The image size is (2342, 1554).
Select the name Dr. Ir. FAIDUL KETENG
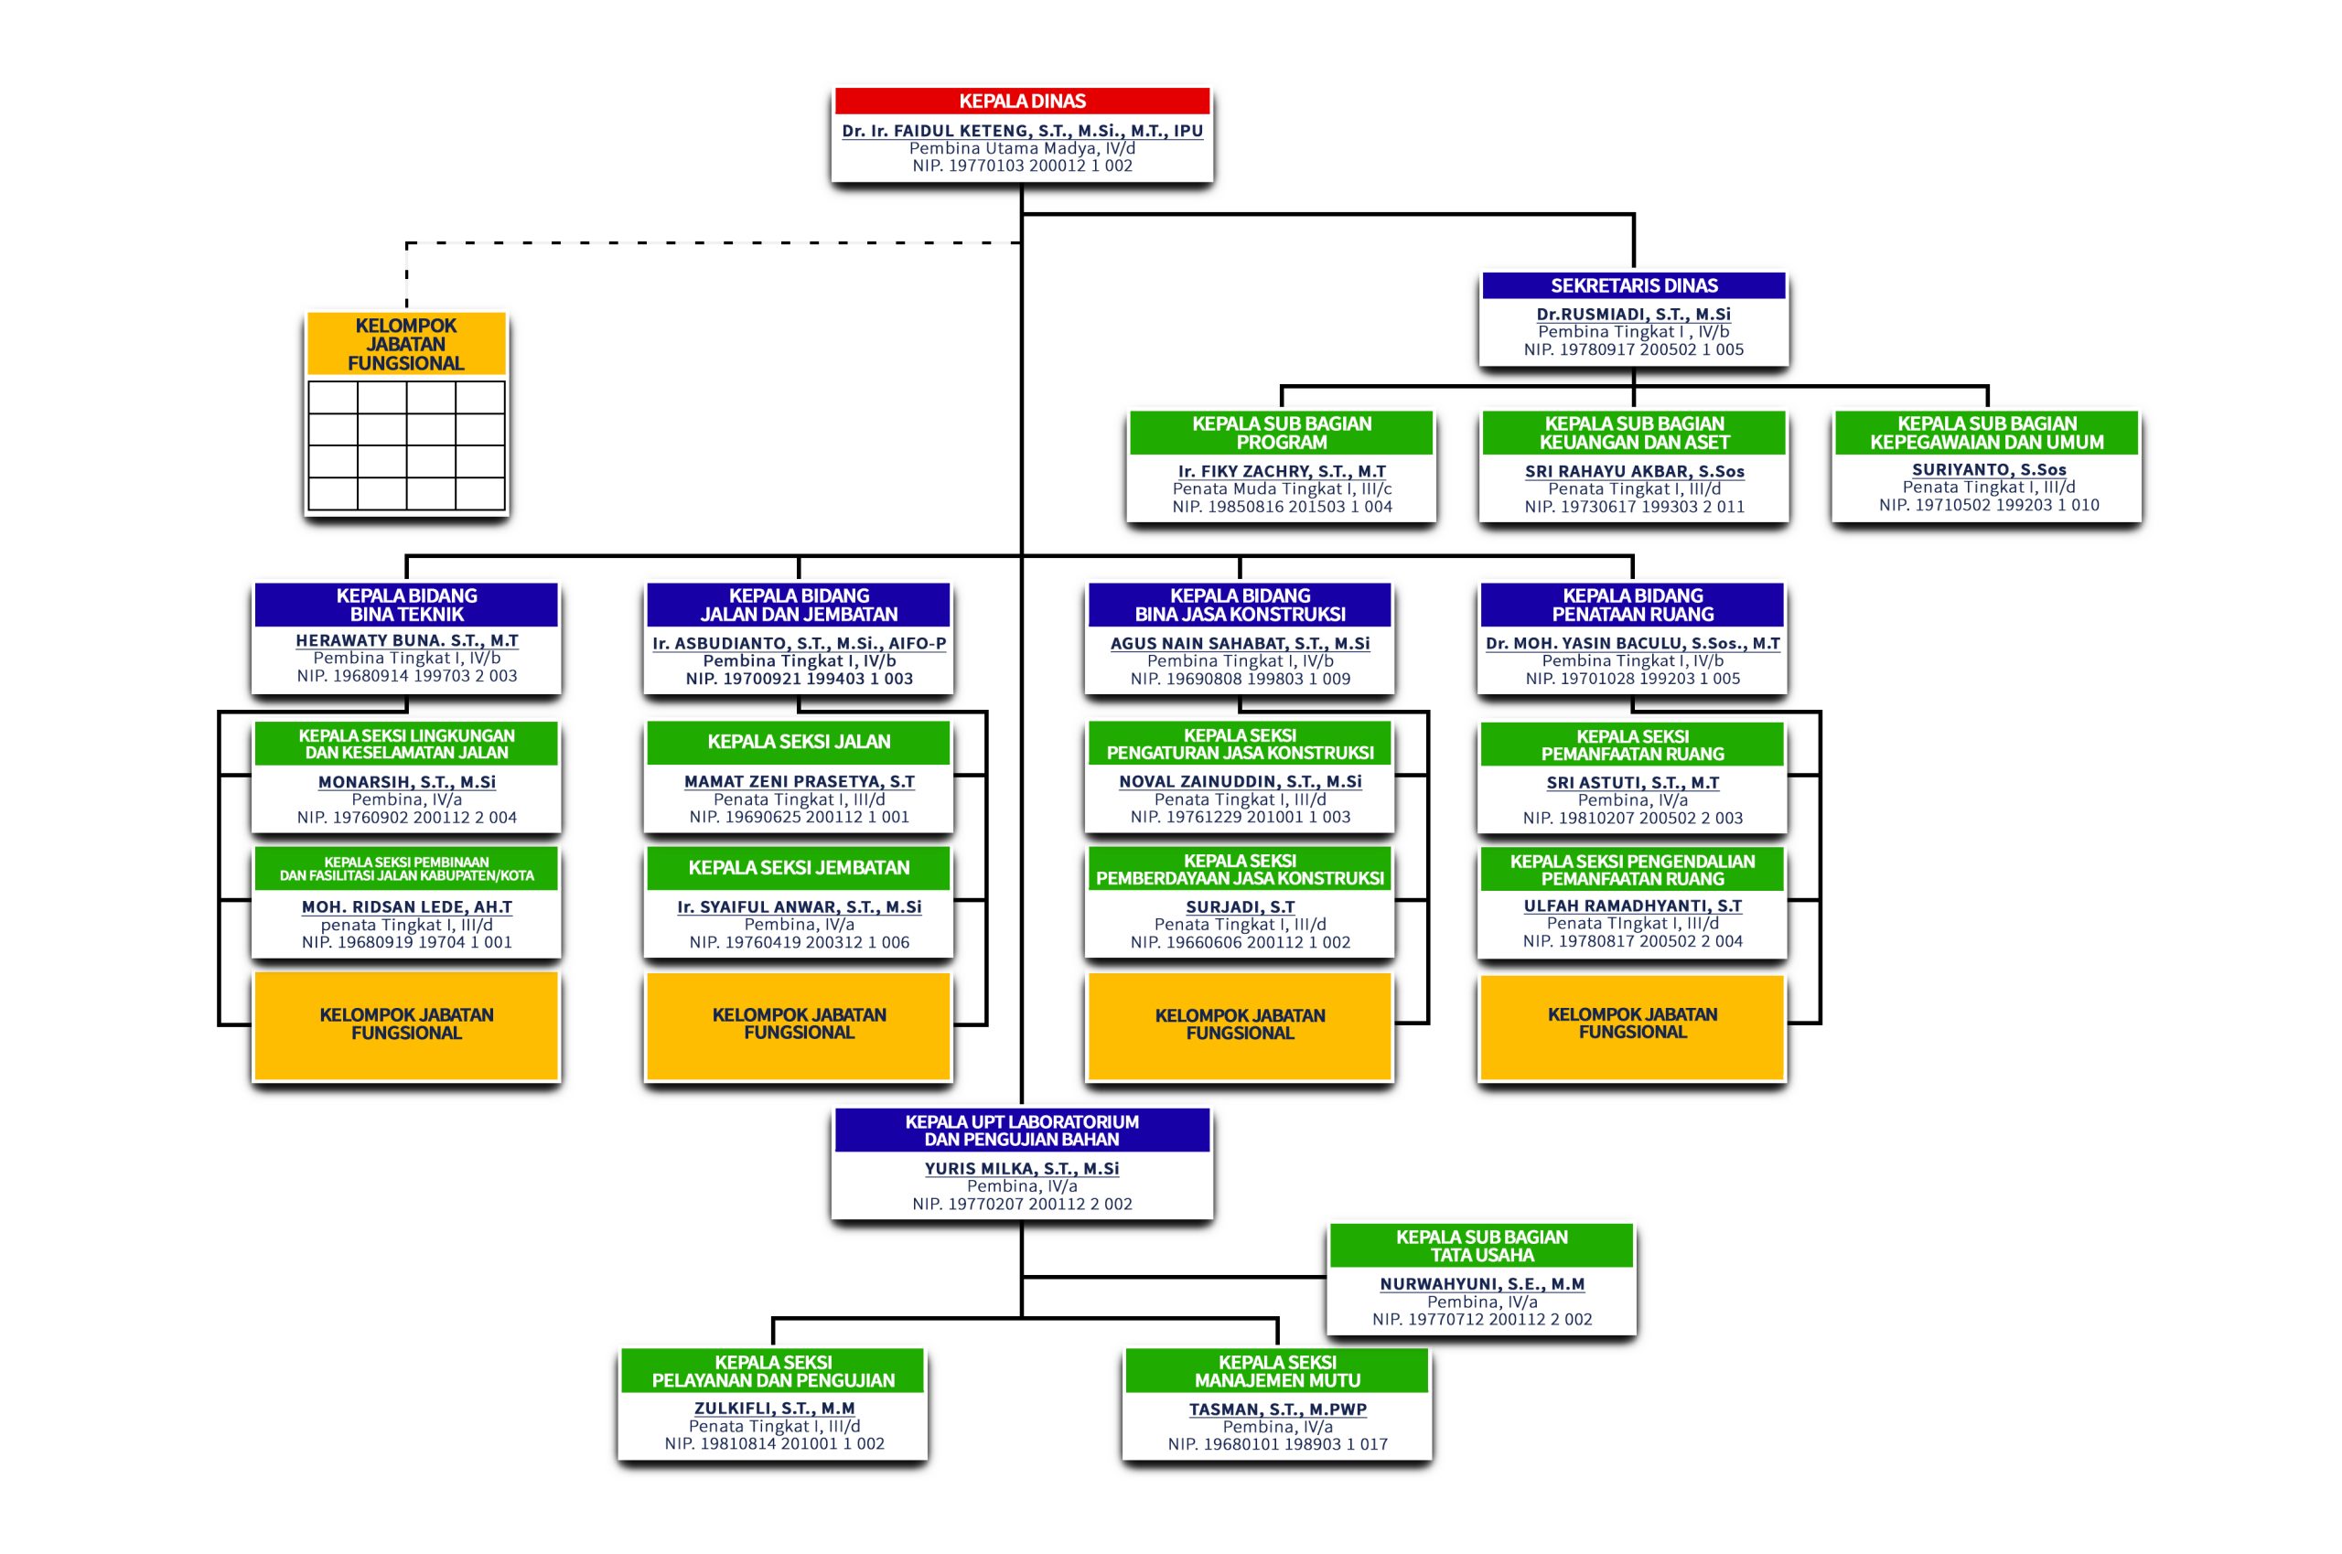pos(1022,131)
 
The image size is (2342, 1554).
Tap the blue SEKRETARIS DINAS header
pos(1633,285)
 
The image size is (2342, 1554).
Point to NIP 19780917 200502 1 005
pos(1633,349)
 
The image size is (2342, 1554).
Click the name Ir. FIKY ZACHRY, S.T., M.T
pos(1282,472)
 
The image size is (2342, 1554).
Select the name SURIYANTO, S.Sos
pos(1988,470)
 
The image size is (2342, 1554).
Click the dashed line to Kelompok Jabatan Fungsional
pos(693,242)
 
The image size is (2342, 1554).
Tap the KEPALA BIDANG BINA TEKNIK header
pos(406,605)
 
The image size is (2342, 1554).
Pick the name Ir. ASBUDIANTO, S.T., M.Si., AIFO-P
pos(799,643)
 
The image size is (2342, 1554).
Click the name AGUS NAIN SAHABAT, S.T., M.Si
pos(1240,643)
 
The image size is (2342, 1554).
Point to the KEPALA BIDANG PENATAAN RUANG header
pos(1632,605)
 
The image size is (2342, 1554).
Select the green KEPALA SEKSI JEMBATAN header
pos(799,868)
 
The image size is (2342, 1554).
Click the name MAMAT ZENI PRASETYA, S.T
pos(799,782)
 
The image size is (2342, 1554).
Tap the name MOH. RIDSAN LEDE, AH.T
pos(406,906)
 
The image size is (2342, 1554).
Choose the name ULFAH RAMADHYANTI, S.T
pos(1632,906)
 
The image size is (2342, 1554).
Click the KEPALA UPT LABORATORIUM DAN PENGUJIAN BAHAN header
pos(1022,1131)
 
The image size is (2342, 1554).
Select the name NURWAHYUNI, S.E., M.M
pos(1482,1284)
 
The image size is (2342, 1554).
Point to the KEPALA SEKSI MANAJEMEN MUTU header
pos(1276,1372)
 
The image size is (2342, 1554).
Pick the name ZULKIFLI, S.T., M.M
pos(773,1409)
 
